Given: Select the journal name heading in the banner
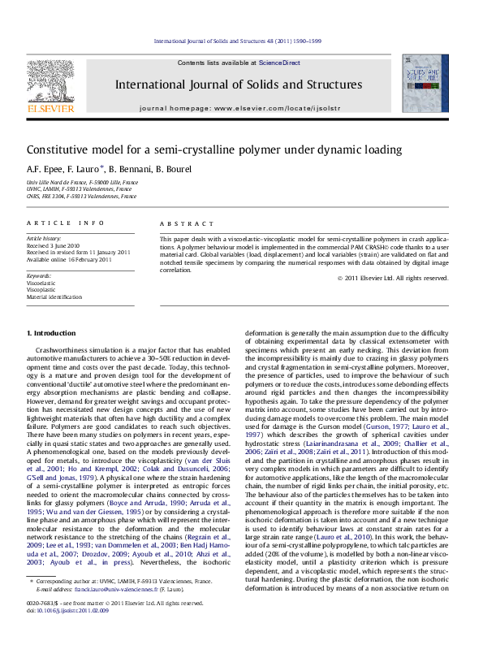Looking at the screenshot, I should [x=238, y=84].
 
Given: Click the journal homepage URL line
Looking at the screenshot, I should [x=239, y=107].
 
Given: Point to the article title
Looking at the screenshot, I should [x=202, y=150].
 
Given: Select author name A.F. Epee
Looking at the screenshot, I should [x=45, y=169].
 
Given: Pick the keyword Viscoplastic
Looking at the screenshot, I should [x=41, y=288].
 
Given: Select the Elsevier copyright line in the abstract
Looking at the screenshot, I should [x=393, y=278].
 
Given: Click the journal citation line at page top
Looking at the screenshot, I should [x=238, y=41].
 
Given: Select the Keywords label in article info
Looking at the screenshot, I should [x=39, y=276].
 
